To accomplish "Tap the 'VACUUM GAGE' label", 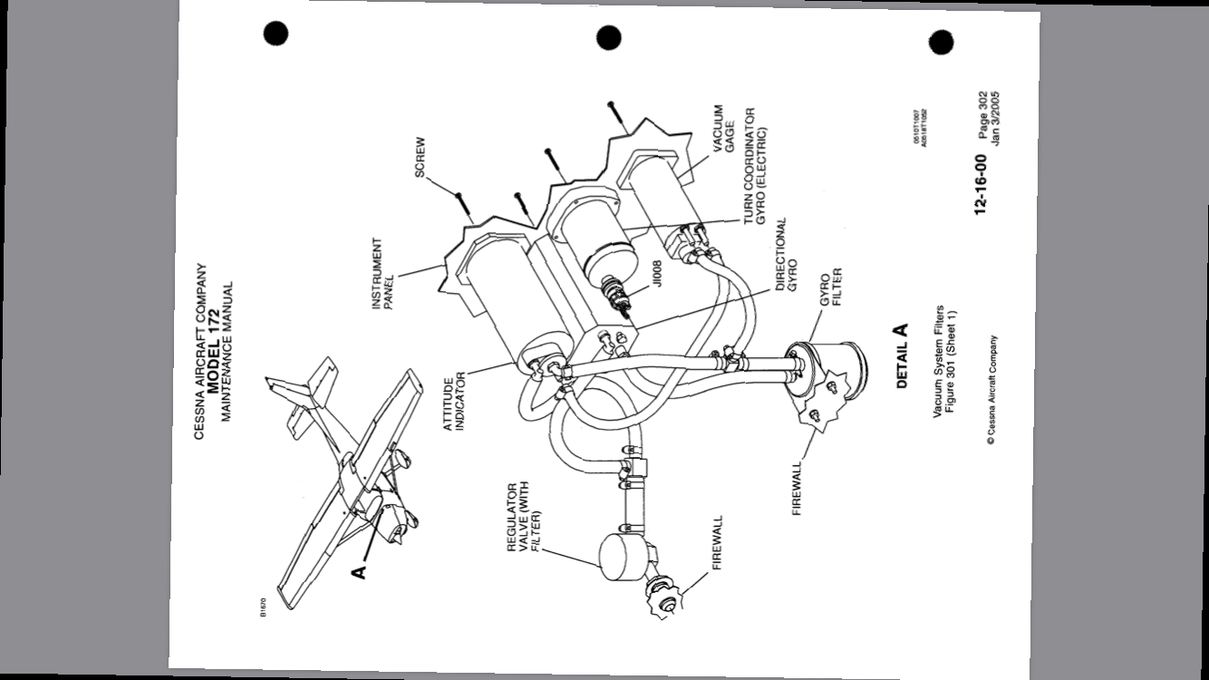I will [723, 129].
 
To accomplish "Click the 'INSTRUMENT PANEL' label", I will [382, 274].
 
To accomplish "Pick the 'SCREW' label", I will [421, 158].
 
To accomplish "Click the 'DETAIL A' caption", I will [901, 356].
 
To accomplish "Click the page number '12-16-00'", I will [981, 184].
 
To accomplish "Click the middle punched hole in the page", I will [609, 38].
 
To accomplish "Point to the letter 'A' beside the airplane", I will [359, 570].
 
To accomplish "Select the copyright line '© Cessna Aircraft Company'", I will [992, 392].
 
